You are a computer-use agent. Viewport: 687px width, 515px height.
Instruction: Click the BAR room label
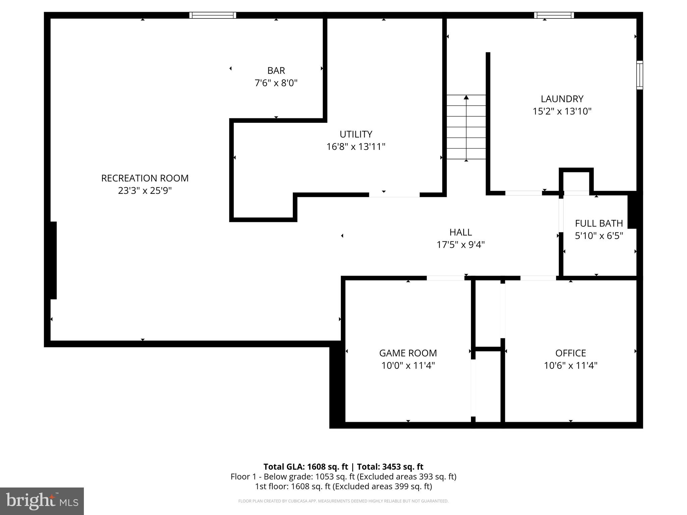(x=276, y=71)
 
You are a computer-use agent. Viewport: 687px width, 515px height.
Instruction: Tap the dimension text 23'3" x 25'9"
(x=145, y=191)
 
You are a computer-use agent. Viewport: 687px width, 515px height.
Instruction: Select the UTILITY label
(x=356, y=134)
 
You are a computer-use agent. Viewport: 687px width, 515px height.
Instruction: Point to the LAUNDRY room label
(x=562, y=99)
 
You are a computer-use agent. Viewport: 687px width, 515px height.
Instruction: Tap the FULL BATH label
(x=599, y=223)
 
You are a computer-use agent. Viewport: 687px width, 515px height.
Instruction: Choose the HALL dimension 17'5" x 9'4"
(x=461, y=245)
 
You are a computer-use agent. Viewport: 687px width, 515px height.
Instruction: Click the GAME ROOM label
(x=408, y=353)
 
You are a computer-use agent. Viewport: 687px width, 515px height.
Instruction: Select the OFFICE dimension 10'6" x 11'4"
(x=571, y=365)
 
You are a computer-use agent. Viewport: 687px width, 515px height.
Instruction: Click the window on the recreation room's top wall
(x=213, y=15)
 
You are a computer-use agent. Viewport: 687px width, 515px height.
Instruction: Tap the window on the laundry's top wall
(x=554, y=15)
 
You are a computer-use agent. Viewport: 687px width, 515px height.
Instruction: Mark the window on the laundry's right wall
(x=640, y=75)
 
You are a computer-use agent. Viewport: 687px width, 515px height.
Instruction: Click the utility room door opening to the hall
(x=394, y=195)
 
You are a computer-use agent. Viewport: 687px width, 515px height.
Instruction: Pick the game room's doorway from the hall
(x=445, y=278)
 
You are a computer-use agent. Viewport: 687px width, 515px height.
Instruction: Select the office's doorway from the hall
(x=538, y=278)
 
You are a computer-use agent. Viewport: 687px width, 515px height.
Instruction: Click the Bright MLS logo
(x=42, y=501)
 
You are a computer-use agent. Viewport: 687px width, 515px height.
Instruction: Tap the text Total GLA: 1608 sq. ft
(x=306, y=467)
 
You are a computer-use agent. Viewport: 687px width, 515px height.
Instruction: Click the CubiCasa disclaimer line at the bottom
(x=343, y=501)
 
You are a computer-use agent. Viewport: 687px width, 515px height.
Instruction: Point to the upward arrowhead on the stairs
(x=466, y=98)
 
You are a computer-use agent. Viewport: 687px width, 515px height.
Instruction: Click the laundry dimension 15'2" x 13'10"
(x=562, y=111)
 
